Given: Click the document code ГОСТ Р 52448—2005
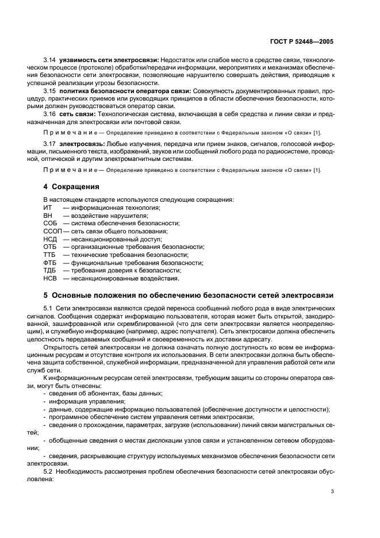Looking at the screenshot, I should click(x=306, y=42).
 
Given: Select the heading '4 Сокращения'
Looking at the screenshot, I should click(x=72, y=187).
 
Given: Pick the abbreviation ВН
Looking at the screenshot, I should click(x=48, y=216).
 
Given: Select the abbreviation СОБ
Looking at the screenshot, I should click(x=51, y=223).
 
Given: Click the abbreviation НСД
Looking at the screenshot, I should click(x=51, y=239).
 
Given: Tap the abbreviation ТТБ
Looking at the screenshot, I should click(x=50, y=255).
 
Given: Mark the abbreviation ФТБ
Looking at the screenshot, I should click(x=50, y=263).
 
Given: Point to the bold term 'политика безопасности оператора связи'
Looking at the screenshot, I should click(x=117, y=91).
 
